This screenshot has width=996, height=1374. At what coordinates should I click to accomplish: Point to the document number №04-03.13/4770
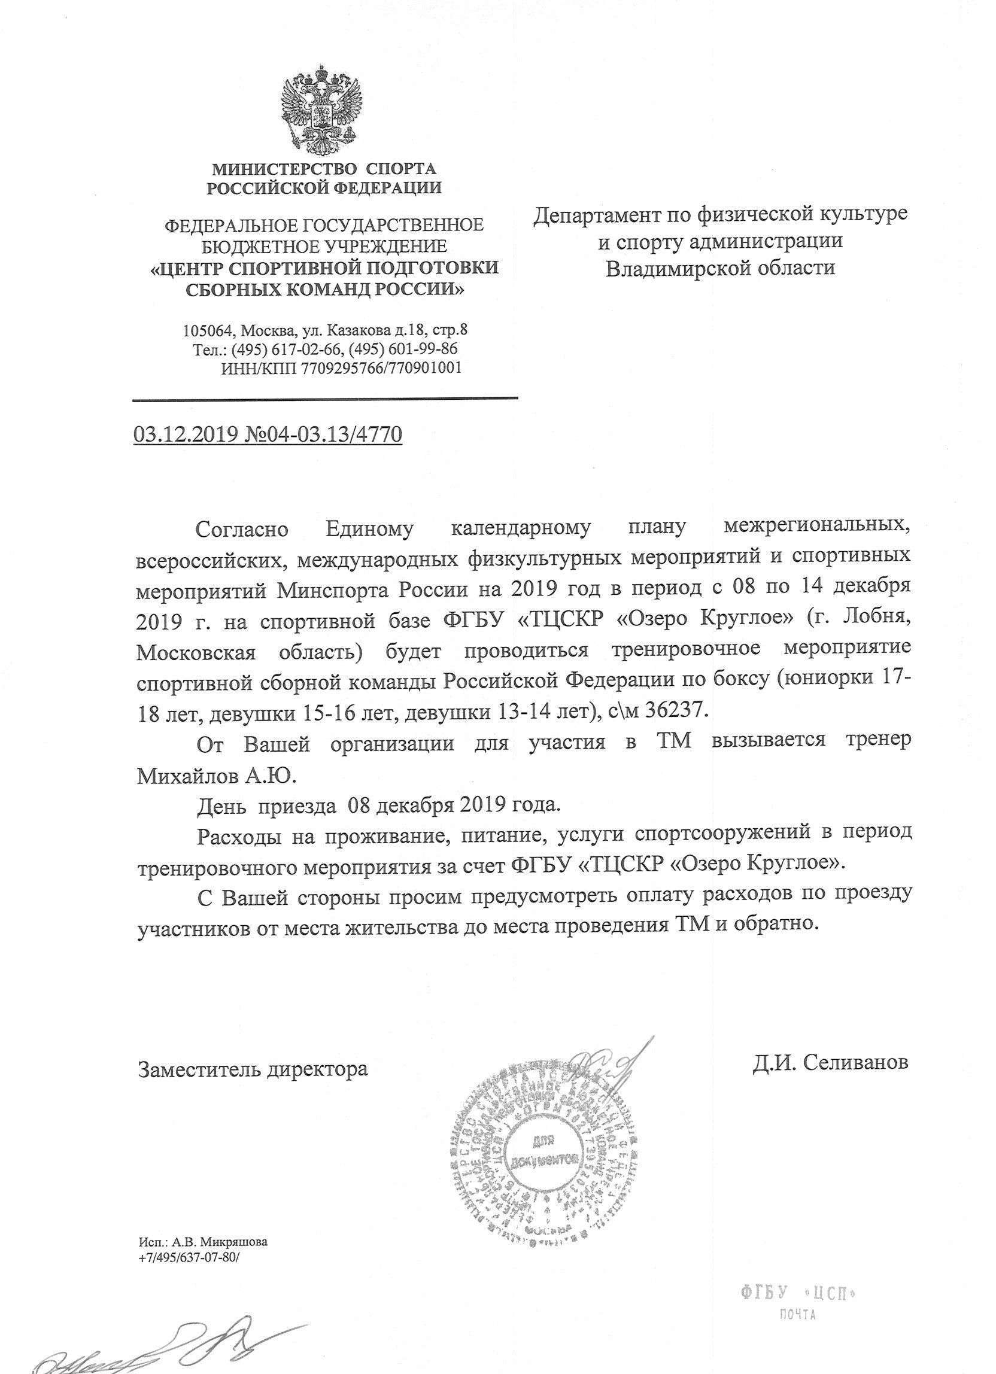322,435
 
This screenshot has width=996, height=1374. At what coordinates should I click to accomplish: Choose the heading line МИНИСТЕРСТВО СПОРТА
323,168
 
